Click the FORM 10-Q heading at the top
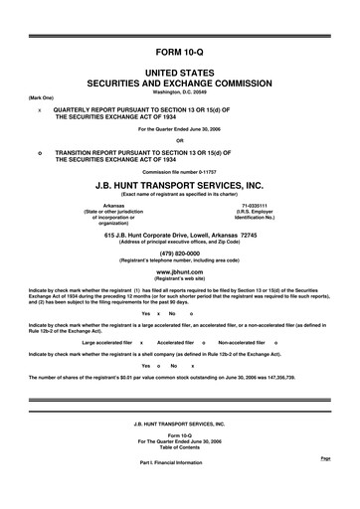click(x=180, y=50)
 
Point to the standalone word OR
click(x=180, y=139)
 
